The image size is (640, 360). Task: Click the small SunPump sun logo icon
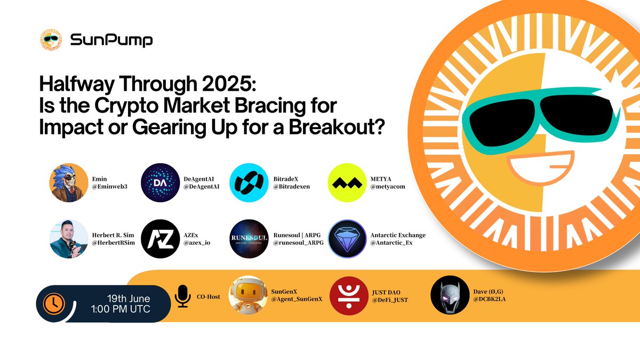point(51,39)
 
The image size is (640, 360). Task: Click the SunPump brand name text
point(111,40)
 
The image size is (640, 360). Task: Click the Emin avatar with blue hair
point(69,182)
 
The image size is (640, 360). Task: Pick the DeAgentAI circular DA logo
point(161,182)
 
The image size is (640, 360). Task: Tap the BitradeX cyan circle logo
point(249,182)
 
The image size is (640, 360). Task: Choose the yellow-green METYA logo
point(347,182)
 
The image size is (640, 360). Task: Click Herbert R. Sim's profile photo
point(69,239)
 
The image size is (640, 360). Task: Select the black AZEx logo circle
point(161,239)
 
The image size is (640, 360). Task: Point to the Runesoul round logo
point(249,239)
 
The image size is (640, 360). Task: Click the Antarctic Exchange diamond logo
point(347,239)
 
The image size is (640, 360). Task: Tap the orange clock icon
point(54,303)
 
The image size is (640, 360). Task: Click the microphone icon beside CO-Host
point(182,297)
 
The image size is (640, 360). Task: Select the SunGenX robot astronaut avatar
point(249,295)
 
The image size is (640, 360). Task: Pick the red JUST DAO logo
point(349,295)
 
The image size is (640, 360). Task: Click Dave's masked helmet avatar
point(450,295)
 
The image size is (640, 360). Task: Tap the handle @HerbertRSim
point(113,243)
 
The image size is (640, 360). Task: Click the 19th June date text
point(129,299)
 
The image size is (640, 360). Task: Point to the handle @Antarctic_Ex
point(391,243)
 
